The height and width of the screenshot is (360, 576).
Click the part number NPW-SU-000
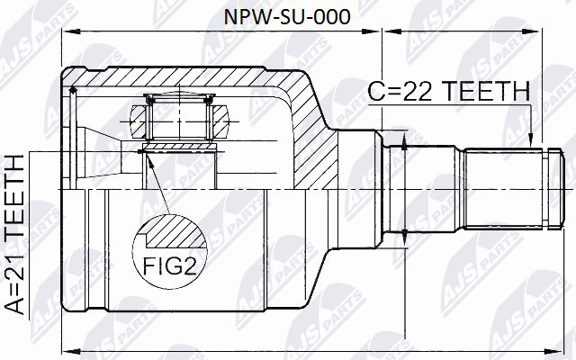coord(287,15)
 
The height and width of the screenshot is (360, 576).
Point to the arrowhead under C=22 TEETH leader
coord(534,139)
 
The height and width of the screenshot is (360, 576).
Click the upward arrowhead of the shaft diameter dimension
coord(405,137)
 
